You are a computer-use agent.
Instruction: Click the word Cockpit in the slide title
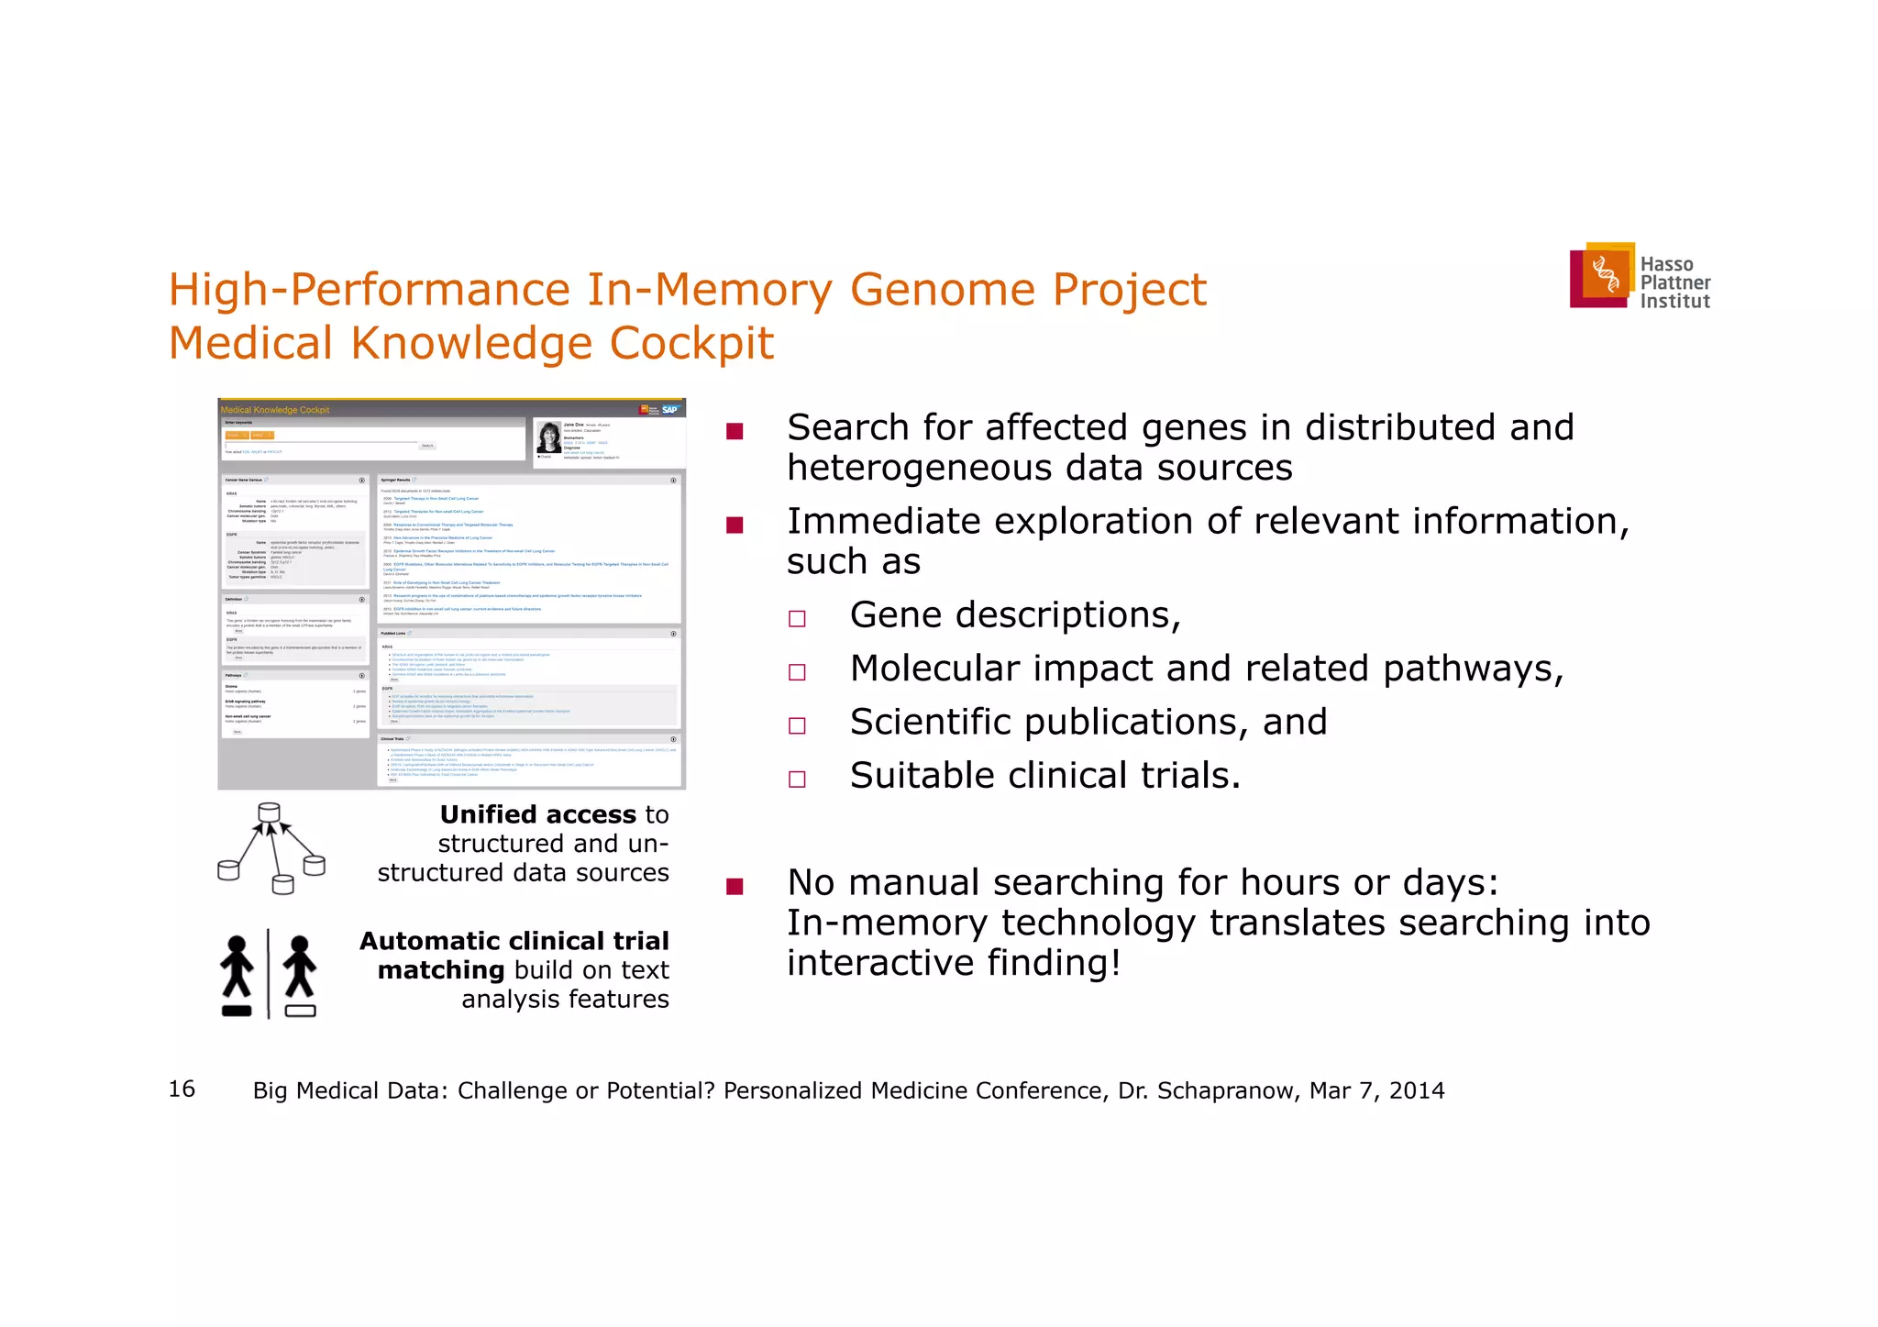point(691,344)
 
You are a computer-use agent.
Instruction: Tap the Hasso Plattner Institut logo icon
point(1603,274)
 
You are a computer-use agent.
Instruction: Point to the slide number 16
point(182,1089)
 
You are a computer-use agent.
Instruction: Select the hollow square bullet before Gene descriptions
point(797,618)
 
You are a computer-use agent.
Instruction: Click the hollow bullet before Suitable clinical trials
point(797,779)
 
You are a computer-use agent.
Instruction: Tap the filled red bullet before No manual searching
point(734,886)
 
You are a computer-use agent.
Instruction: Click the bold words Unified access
point(537,814)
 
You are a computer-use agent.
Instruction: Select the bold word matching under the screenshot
point(440,969)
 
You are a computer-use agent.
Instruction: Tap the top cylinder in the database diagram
point(269,812)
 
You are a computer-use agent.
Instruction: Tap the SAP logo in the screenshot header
point(670,409)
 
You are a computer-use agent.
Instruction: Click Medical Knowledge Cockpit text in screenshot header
point(275,410)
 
